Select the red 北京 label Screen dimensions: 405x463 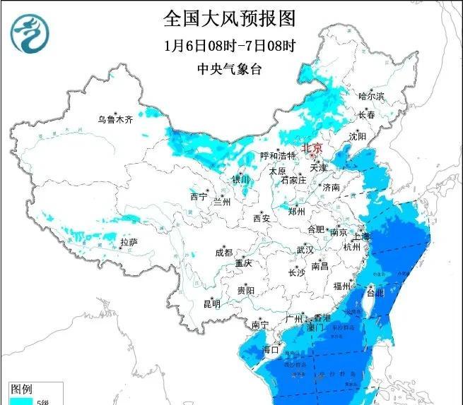pyautogui.click(x=312, y=148)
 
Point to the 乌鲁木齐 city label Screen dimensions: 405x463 pyautogui.click(x=115, y=120)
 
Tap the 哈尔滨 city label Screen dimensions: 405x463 pyautogui.click(x=371, y=95)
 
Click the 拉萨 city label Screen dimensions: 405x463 pyautogui.click(x=128, y=242)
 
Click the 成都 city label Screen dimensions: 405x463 pyautogui.click(x=224, y=253)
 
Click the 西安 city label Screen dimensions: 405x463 pyautogui.click(x=262, y=218)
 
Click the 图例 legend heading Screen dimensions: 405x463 pyautogui.click(x=21, y=389)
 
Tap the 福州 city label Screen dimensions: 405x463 pyautogui.click(x=342, y=286)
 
